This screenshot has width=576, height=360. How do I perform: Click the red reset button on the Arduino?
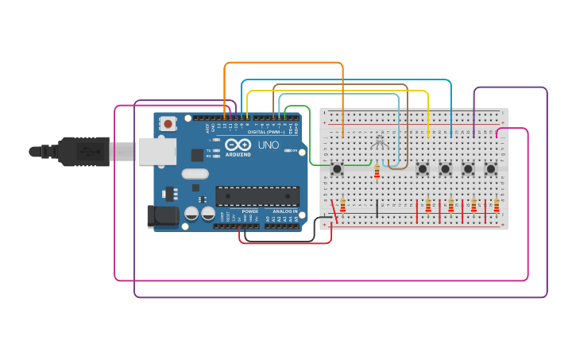tap(168, 123)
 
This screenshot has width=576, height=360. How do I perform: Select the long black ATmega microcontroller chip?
tap(257, 195)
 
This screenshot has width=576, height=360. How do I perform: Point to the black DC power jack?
tap(163, 215)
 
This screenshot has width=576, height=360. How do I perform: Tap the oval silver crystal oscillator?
tap(195, 173)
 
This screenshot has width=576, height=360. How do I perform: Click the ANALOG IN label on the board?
tap(282, 211)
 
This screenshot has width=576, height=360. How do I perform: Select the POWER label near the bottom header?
tap(249, 211)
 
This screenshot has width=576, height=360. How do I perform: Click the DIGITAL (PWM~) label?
tap(269, 132)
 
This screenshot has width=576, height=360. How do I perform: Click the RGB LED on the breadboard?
tap(380, 142)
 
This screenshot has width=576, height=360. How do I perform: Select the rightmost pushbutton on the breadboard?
tap(491, 168)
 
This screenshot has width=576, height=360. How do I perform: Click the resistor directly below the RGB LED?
tap(377, 172)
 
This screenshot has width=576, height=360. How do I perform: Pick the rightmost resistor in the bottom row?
tap(497, 207)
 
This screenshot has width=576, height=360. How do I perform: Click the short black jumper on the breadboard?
tap(377, 208)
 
